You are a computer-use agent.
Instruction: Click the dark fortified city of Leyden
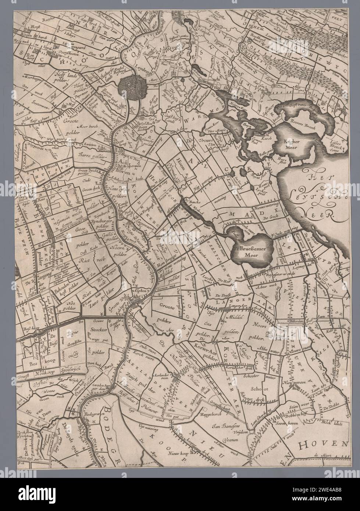click(132, 86)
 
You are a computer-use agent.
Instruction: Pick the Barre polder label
click(89, 156)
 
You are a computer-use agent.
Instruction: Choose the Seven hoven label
click(289, 424)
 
